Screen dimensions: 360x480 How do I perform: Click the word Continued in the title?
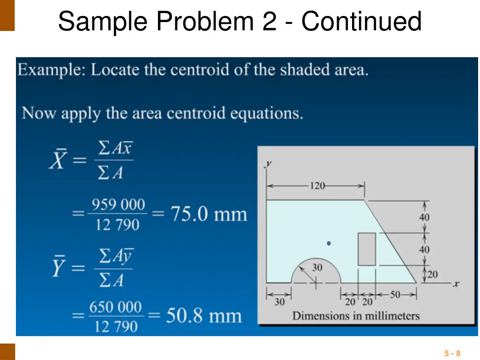pos(361,22)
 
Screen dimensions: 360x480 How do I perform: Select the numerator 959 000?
pos(118,205)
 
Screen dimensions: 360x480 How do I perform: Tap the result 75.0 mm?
pos(208,214)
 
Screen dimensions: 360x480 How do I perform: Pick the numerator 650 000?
pos(115,307)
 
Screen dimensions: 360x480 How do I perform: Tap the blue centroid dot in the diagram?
pos(329,243)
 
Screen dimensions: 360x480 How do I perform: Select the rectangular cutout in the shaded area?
pos(367,249)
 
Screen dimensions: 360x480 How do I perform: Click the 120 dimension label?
pos(317,186)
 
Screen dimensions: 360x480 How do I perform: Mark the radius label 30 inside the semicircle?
pos(317,268)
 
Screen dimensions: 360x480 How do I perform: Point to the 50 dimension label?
pos(395,295)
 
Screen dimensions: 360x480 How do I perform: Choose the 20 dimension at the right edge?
pos(432,274)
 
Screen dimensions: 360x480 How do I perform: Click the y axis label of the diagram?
pos(269,164)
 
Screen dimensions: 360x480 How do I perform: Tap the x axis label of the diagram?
pos(456,284)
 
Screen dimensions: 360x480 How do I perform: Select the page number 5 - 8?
pos(452,353)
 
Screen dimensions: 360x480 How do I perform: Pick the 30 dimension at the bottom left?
pos(279,302)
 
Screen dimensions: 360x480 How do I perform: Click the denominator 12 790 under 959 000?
pos(118,225)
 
